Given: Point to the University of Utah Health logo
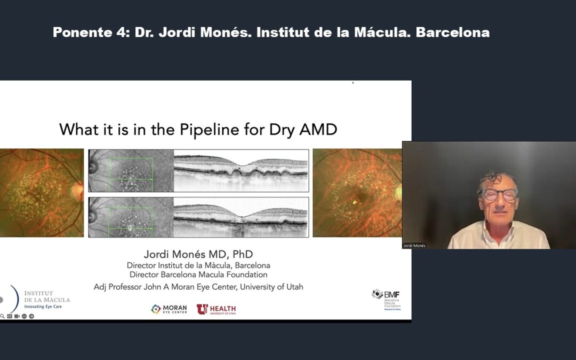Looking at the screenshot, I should (216, 309).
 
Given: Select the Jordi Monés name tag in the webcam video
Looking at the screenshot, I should (414, 245).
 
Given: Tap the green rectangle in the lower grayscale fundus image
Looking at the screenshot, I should (131, 218).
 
